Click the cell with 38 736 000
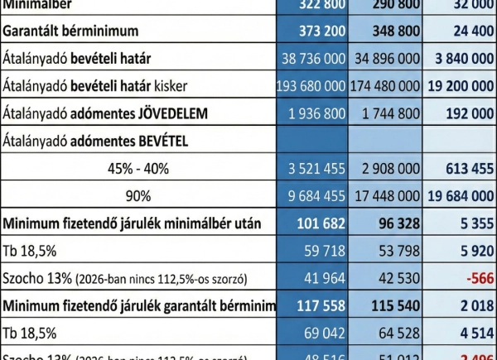click(313, 59)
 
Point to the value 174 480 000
click(386, 86)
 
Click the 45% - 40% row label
click(138, 168)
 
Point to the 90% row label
click(138, 195)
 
